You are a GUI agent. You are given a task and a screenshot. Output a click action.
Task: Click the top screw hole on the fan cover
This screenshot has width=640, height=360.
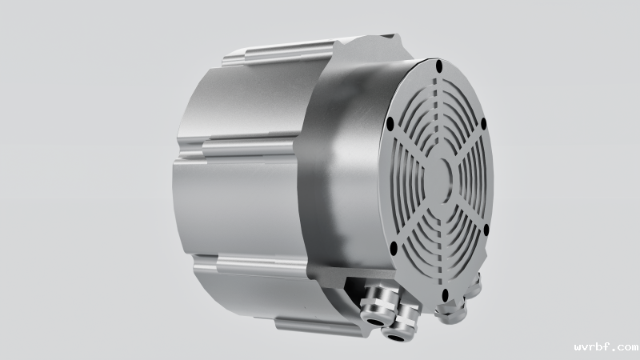[439, 66]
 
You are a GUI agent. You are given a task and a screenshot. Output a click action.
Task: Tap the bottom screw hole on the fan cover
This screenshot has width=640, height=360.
[446, 294]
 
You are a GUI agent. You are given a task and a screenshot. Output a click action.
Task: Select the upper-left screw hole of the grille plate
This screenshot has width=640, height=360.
[390, 124]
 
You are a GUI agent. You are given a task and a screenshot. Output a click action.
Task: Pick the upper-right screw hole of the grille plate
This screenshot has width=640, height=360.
[484, 123]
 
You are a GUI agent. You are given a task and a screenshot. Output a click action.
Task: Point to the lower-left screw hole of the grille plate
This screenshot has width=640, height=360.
[394, 248]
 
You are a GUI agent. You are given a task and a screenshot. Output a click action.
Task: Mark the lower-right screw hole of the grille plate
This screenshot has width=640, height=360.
[486, 230]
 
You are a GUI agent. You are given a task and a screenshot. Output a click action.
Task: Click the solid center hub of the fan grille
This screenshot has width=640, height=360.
[438, 178]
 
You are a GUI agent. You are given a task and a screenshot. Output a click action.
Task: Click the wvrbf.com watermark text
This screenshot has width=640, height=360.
[606, 347]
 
